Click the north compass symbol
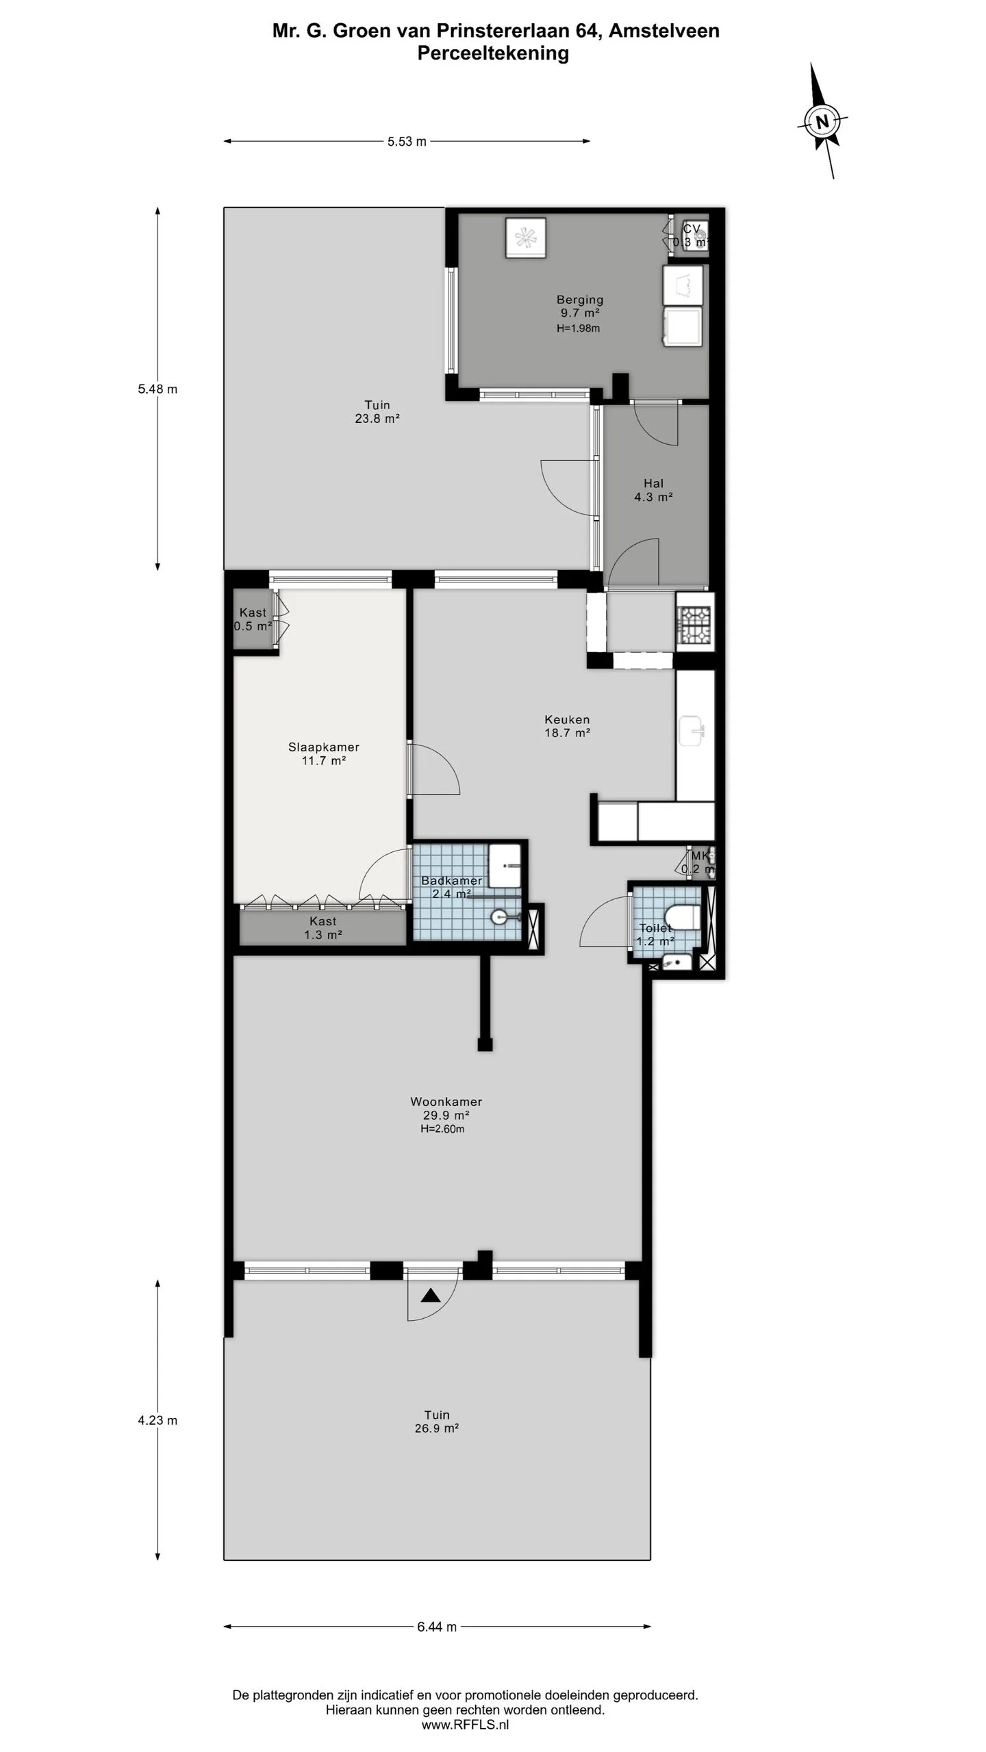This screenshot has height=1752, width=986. coord(822,122)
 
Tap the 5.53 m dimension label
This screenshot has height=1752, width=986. coord(407,142)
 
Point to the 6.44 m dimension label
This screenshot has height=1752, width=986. coord(437,1627)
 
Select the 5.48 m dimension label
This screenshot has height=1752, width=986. coord(157,389)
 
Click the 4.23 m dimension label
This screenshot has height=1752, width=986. coord(157,1420)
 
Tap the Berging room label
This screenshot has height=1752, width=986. coord(580,299)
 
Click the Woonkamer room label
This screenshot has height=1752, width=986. coord(446,1101)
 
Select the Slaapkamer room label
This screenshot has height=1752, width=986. coord(324,747)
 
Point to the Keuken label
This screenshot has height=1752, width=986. coord(567,719)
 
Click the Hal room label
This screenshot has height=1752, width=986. coord(653,483)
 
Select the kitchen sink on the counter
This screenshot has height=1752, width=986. coord(692,731)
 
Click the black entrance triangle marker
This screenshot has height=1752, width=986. coord(430,1296)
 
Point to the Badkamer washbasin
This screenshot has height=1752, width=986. coord(505,866)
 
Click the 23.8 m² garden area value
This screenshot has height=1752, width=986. coord(377,418)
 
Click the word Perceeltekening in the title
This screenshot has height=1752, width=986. coord(493,53)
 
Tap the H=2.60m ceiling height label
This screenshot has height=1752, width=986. coord(442,1129)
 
